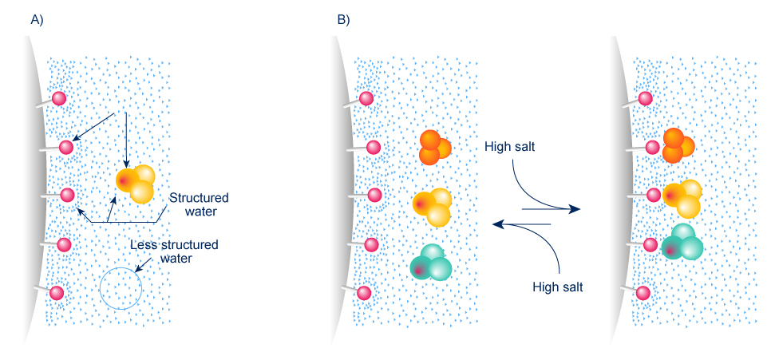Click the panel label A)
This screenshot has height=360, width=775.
tap(37, 20)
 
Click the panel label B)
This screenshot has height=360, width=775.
tap(343, 20)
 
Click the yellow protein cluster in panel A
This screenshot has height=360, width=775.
tap(134, 183)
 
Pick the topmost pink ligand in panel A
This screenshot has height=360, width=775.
tap(58, 98)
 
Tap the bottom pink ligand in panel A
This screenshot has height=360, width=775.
tap(57, 292)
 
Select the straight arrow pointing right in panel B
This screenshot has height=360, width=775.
tap(551, 209)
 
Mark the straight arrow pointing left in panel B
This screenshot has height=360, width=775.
tap(523, 225)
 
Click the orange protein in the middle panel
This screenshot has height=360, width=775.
tap(434, 148)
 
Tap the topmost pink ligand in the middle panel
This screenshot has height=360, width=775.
tap(366, 98)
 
